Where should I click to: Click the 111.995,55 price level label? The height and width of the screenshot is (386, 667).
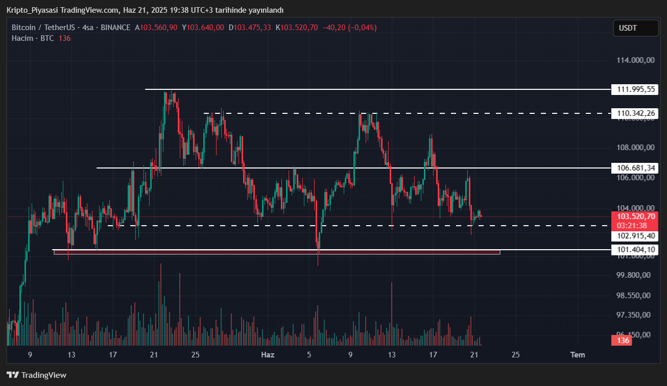tap(636, 89)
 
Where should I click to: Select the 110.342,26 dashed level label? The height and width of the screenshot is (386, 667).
tap(636, 113)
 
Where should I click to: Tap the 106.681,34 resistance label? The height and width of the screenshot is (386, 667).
tap(636, 168)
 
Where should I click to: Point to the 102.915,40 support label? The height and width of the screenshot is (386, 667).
tap(636, 236)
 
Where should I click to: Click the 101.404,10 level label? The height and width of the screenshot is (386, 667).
tap(636, 250)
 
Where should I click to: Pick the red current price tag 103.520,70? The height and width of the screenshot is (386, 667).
tap(635, 216)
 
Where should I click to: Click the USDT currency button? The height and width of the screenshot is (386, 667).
tap(635, 28)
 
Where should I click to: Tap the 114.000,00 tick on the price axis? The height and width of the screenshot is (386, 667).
tap(635, 60)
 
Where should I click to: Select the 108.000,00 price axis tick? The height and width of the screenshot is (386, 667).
tap(635, 148)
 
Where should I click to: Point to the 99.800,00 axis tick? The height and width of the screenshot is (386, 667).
tap(633, 275)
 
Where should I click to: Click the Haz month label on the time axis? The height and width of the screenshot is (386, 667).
tap(268, 355)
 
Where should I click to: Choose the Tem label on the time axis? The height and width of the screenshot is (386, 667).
tap(578, 355)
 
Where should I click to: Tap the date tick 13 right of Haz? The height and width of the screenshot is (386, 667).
tap(392, 355)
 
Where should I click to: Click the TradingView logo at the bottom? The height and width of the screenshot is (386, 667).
tap(36, 375)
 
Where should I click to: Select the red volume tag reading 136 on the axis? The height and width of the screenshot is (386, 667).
tap(622, 341)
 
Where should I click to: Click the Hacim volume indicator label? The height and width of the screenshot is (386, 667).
tap(22, 38)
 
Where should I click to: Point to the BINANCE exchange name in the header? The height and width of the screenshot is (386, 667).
tap(115, 28)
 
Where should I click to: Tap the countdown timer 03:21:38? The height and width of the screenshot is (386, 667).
tap(632, 226)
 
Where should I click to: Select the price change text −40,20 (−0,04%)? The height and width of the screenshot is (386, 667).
tap(349, 28)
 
